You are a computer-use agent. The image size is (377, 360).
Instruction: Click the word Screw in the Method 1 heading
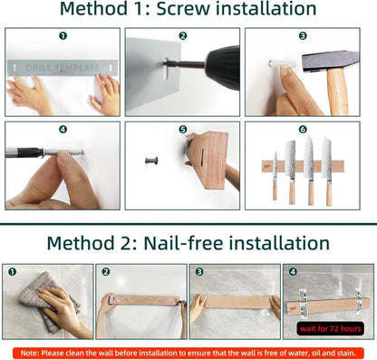(x=183, y=8)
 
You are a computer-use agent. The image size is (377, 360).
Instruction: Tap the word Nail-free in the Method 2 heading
(x=183, y=243)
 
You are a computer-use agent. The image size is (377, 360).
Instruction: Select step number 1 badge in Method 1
(x=63, y=36)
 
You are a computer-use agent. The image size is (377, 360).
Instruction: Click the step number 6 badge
(x=303, y=130)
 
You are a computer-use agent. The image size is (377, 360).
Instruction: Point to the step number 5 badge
(x=183, y=130)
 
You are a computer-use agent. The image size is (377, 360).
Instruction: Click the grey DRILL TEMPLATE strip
(x=63, y=68)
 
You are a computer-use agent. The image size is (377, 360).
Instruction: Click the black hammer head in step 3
(x=330, y=62)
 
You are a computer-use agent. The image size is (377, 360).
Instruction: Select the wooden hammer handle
(x=338, y=92)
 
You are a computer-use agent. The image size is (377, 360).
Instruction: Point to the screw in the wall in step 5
(x=151, y=160)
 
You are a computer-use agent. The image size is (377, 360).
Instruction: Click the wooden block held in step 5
(x=208, y=161)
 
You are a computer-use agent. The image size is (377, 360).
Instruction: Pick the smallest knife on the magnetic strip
(x=275, y=175)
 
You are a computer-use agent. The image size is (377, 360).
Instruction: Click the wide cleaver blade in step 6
(x=291, y=160)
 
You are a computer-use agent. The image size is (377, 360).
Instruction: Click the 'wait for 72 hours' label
(x=330, y=328)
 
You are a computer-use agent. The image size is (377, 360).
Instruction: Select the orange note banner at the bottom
(x=188, y=353)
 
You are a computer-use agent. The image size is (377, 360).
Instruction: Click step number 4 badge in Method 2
(x=293, y=272)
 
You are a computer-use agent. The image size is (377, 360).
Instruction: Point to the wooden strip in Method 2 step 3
(x=237, y=303)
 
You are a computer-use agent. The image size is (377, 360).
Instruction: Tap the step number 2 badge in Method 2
(x=105, y=272)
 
